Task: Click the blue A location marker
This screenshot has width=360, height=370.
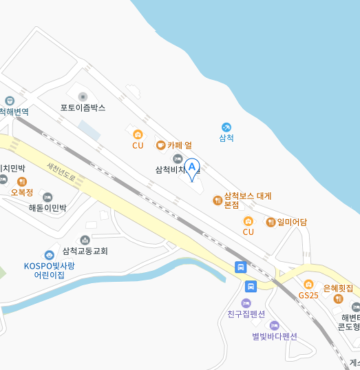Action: (x=191, y=167)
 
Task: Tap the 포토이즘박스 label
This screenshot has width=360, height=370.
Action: (x=83, y=108)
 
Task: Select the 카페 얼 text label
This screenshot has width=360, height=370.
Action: (x=180, y=145)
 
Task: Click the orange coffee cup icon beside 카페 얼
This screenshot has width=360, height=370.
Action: (x=160, y=145)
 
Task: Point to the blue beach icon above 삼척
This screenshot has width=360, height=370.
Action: (x=226, y=127)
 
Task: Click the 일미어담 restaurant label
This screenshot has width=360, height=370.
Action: (x=292, y=222)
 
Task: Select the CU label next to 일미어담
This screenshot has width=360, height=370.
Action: (x=248, y=232)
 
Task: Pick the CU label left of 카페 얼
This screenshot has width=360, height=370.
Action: (x=138, y=145)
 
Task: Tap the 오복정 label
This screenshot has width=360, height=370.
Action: (x=22, y=192)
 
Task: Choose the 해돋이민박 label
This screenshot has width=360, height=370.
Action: (x=47, y=207)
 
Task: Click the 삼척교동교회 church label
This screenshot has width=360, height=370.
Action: (x=85, y=251)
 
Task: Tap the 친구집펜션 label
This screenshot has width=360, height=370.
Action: (x=246, y=314)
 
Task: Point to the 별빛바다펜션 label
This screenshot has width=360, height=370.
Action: (x=274, y=336)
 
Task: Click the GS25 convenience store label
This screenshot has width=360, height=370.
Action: (x=308, y=295)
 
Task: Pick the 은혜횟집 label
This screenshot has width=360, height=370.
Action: (x=338, y=288)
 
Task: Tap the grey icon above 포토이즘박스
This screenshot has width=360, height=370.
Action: (x=83, y=96)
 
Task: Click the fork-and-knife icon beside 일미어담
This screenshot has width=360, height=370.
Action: (x=271, y=222)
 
